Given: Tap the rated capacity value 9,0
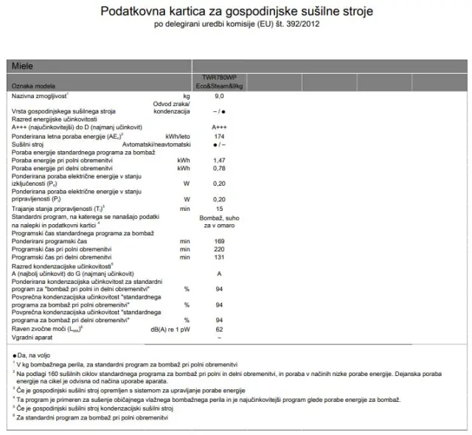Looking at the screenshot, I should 219,96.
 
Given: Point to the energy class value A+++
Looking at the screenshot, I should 219,127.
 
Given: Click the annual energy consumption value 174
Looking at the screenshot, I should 219,137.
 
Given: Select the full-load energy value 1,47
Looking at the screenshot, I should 219,160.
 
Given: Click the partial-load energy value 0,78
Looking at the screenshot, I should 219,168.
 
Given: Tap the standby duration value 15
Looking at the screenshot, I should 219,209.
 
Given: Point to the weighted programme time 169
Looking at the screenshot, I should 219,241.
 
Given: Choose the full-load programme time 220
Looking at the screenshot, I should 219,249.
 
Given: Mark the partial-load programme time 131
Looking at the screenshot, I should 219,257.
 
